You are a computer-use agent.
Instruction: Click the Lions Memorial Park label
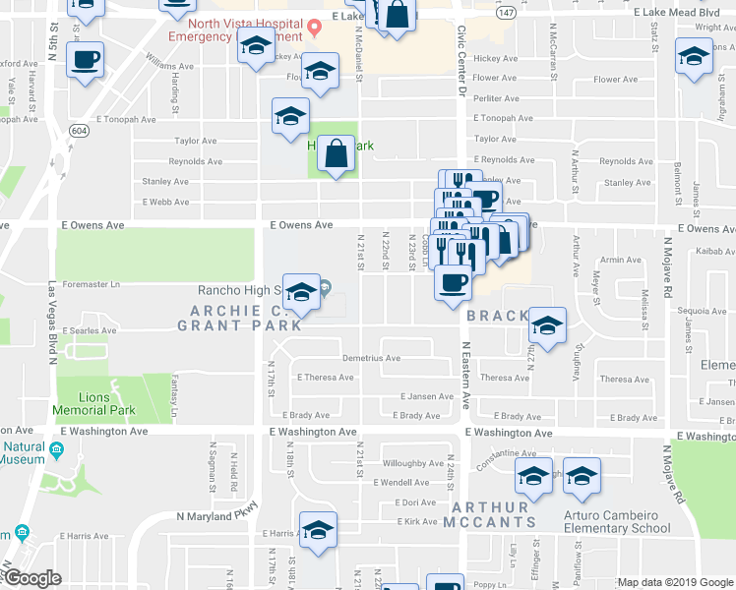click(96, 401)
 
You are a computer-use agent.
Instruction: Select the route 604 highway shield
click(77, 131)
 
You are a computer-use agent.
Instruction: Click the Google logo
click(32, 579)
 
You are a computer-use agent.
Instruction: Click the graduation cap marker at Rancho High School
click(302, 292)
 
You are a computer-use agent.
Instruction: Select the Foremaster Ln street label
click(91, 285)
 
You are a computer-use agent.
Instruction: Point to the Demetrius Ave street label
click(371, 358)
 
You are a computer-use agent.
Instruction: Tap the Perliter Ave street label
click(495, 98)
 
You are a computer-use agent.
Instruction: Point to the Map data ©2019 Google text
click(675, 583)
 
